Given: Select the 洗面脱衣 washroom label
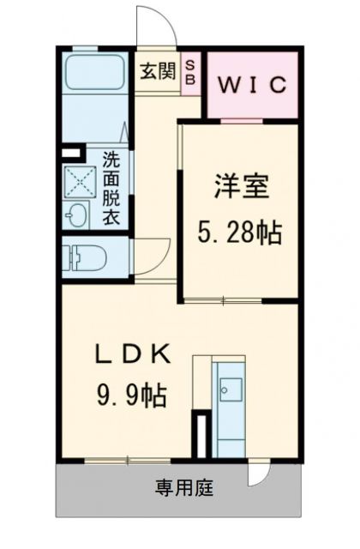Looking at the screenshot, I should [x=111, y=188].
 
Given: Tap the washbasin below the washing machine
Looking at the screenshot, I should [x=78, y=216].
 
